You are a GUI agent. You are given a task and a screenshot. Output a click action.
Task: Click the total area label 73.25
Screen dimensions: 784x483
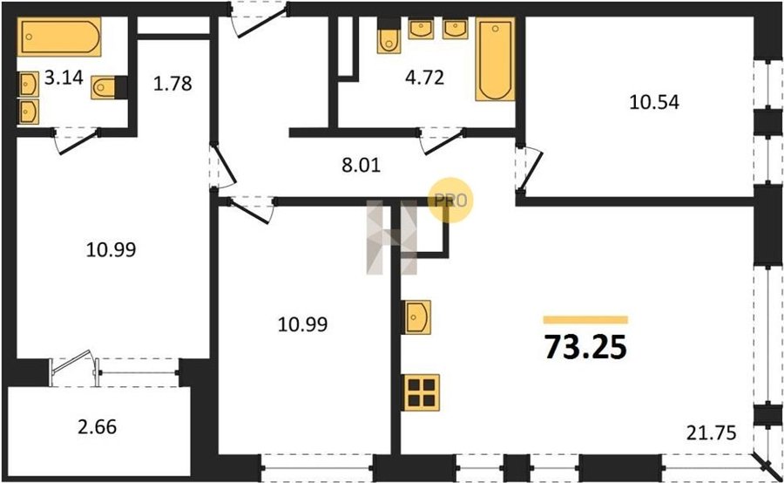(x=585, y=347)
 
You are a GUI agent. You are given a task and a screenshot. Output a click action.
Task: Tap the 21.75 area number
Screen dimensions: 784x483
(x=711, y=432)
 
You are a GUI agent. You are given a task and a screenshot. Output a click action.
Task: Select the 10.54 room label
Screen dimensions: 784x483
(x=654, y=102)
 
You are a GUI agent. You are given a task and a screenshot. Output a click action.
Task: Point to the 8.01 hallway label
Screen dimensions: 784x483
(x=361, y=165)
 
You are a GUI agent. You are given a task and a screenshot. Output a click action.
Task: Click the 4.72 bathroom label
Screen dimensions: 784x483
(x=424, y=78)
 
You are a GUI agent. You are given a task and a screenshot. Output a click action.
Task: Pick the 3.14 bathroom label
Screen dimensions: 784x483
(x=64, y=78)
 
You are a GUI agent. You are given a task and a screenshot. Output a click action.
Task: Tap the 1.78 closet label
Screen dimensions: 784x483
(x=172, y=83)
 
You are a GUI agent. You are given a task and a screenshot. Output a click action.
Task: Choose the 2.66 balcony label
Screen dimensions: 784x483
(x=97, y=427)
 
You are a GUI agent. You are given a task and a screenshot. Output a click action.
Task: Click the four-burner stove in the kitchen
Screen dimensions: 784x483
(x=422, y=392)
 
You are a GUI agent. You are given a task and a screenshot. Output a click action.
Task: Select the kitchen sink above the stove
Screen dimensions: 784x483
(x=417, y=316)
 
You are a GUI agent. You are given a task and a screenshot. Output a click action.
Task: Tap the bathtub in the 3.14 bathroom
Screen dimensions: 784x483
(x=59, y=37)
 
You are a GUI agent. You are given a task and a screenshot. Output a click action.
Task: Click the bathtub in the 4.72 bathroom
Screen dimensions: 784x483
(x=495, y=59)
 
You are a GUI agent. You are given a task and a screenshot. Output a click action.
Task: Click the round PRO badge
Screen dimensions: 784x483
(x=450, y=201)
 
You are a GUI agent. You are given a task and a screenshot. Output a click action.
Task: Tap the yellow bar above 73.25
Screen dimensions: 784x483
(x=585, y=320)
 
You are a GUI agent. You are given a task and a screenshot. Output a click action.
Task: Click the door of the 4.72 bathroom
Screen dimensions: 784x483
(x=442, y=140)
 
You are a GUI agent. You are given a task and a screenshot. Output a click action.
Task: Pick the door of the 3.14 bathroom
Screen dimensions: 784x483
(x=77, y=140)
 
